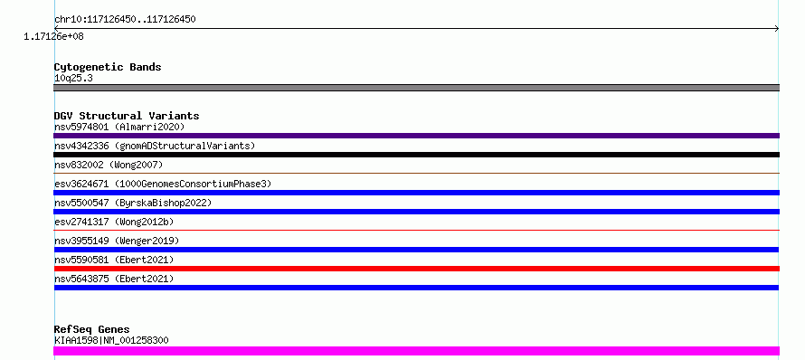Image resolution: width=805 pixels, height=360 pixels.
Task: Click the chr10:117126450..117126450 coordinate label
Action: pyautogui.click(x=125, y=20)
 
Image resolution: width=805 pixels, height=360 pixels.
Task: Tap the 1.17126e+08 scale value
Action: pyautogui.click(x=53, y=37)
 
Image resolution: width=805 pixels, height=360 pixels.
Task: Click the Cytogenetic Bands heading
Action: pyautogui.click(x=108, y=67)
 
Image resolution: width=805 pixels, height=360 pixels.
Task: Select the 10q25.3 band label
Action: pyautogui.click(x=73, y=79)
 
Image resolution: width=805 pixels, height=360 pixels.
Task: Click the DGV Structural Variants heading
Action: pyautogui.click(x=127, y=116)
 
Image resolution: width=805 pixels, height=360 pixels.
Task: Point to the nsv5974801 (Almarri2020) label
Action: pyautogui.click(x=119, y=127)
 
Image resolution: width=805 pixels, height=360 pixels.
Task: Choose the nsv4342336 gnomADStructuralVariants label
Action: pyautogui.click(x=155, y=146)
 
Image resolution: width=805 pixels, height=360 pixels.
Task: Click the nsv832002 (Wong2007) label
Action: pyautogui.click(x=109, y=165)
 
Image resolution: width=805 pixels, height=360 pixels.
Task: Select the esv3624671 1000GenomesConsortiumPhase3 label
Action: pyautogui.click(x=163, y=184)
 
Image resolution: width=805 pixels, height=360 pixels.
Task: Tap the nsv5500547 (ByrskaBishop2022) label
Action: pyautogui.click(x=133, y=203)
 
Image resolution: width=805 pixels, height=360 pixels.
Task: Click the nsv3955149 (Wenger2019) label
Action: pyautogui.click(x=117, y=241)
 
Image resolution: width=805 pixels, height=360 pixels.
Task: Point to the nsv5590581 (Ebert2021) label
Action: pyautogui.click(x=114, y=260)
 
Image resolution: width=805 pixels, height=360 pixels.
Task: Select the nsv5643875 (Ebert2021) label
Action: pyautogui.click(x=114, y=279)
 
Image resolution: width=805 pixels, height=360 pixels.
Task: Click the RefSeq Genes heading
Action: pyautogui.click(x=92, y=330)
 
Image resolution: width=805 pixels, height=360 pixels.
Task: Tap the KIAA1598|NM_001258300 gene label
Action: pyautogui.click(x=111, y=340)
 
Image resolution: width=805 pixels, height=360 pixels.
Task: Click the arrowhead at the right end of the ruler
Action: pyautogui.click(x=777, y=29)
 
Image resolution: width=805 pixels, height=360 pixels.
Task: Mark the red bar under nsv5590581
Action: pyautogui.click(x=416, y=269)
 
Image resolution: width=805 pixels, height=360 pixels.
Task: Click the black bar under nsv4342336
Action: pyautogui.click(x=416, y=155)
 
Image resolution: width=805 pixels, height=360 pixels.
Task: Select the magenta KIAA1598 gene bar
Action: pyautogui.click(x=416, y=351)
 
